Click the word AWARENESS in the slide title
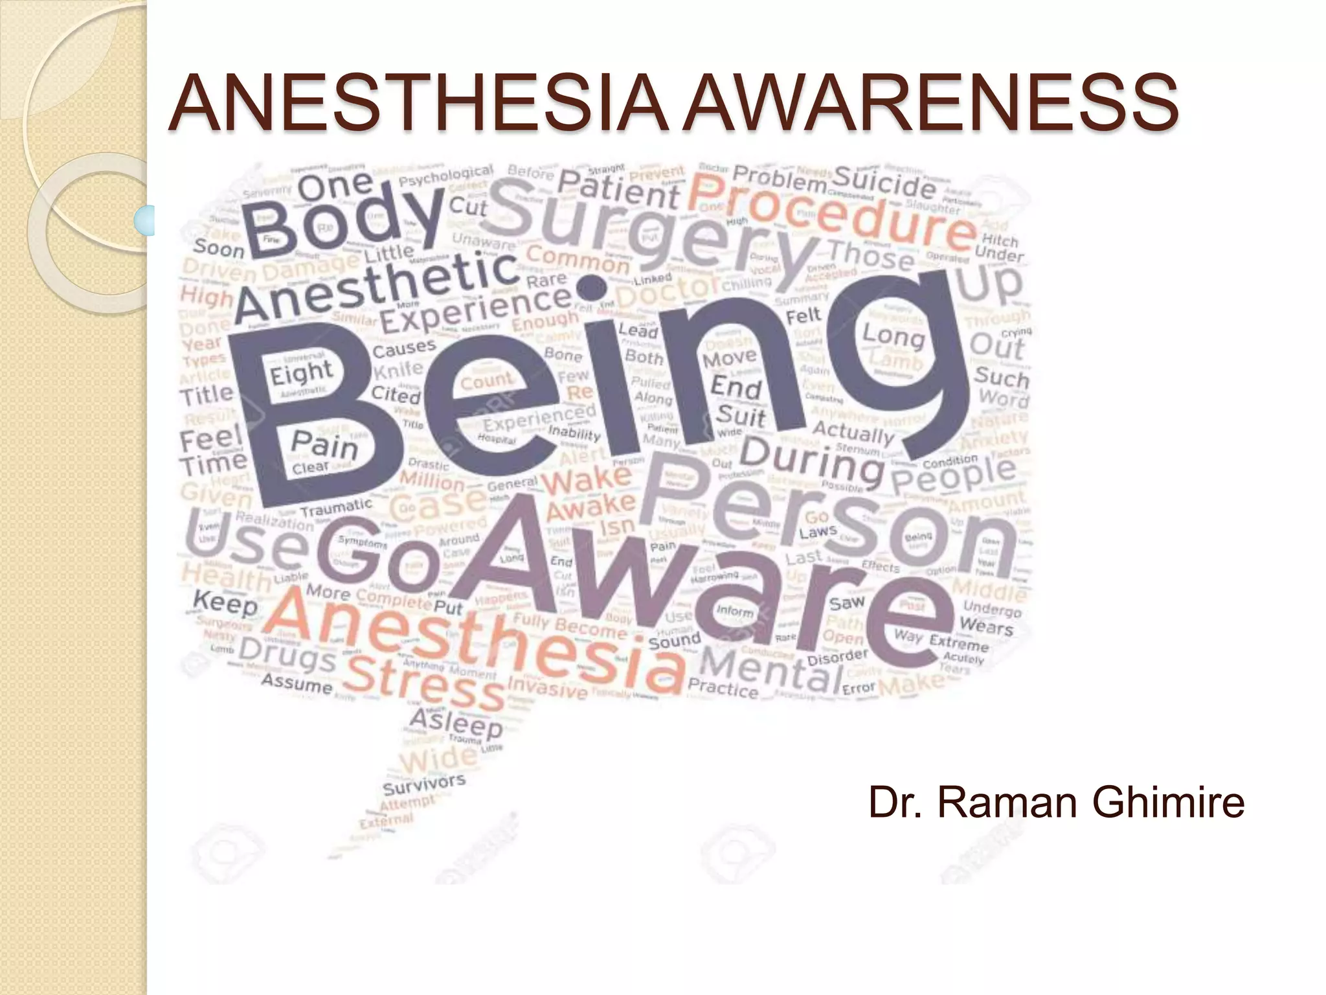pyautogui.click(x=931, y=102)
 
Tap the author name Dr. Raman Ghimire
pyautogui.click(x=1056, y=802)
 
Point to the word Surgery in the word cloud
pyautogui.click(x=654, y=230)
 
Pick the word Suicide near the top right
pyautogui.click(x=884, y=183)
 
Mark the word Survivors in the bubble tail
pyautogui.click(x=424, y=784)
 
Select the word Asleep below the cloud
pyautogui.click(x=456, y=724)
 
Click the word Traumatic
pyautogui.click(x=336, y=507)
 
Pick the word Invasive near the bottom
pyautogui.click(x=547, y=686)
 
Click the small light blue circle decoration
pyautogui.click(x=144, y=219)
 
